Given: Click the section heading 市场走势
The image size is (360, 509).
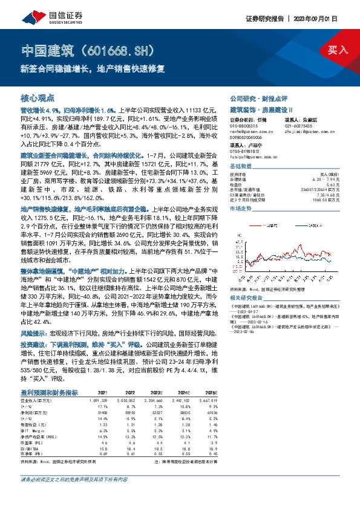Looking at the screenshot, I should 241,207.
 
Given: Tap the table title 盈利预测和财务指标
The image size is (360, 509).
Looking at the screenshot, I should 49,358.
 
